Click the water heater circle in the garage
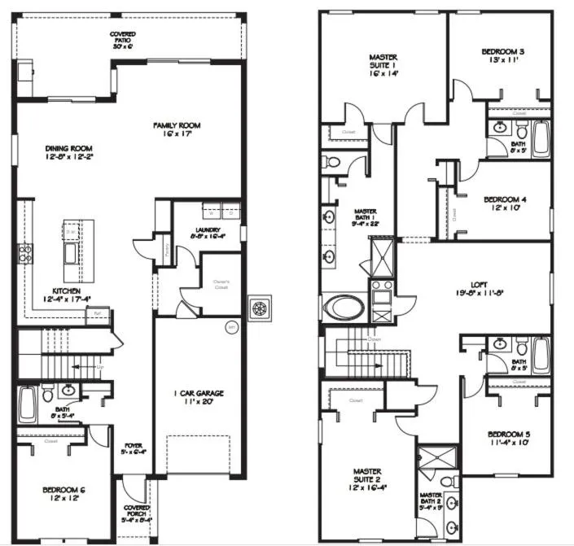(x=231, y=328)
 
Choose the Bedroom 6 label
(x=63, y=494)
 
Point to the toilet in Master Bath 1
(x=333, y=164)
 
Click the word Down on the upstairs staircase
(x=375, y=339)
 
